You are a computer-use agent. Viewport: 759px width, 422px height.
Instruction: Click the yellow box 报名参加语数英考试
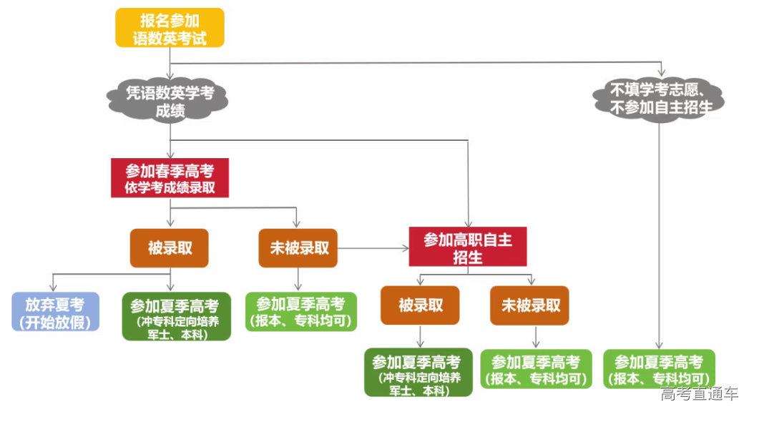(x=170, y=28)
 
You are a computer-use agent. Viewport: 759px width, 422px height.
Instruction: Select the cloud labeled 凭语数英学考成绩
(x=170, y=101)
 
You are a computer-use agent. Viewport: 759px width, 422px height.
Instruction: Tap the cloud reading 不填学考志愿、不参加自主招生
(x=660, y=99)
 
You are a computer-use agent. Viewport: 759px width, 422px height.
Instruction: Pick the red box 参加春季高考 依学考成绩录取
(x=170, y=178)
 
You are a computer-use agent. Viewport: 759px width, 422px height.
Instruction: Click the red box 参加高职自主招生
(x=467, y=247)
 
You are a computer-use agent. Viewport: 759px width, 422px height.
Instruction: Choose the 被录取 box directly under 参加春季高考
(x=169, y=248)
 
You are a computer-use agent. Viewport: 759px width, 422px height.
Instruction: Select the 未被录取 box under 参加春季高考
(x=298, y=248)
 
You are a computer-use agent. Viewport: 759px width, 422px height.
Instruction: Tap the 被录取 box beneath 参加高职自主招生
(x=420, y=305)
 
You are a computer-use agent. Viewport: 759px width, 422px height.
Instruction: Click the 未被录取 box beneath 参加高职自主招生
(x=529, y=305)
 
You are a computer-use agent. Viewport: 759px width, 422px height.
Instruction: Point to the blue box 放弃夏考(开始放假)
(x=55, y=313)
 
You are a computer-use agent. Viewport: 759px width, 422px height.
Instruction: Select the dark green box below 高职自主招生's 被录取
(x=418, y=373)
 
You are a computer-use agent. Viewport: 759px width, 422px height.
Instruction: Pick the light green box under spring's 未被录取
(x=300, y=312)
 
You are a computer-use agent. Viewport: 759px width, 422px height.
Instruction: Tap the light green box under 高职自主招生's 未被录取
(x=537, y=369)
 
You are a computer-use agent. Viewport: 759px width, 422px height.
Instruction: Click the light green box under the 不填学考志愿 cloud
(x=659, y=369)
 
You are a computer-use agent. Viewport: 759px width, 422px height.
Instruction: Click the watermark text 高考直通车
(x=699, y=393)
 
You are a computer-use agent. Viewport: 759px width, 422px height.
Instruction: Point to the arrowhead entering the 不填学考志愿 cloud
(x=661, y=73)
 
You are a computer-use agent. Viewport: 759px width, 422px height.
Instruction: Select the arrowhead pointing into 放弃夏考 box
(x=54, y=287)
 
